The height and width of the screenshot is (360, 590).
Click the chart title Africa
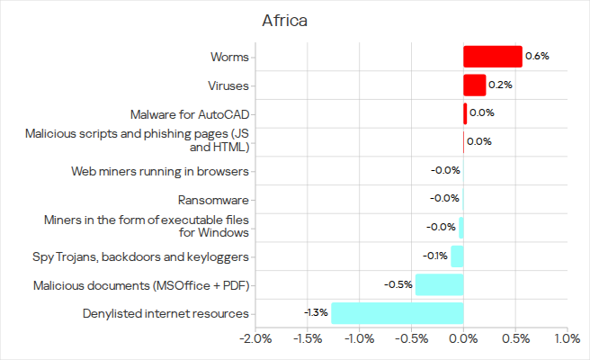(x=285, y=21)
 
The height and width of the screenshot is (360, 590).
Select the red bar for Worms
(x=492, y=57)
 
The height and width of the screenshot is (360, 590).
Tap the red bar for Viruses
(x=474, y=85)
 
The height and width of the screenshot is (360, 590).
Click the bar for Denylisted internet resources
(x=397, y=313)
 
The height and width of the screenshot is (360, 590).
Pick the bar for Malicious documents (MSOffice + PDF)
(x=439, y=285)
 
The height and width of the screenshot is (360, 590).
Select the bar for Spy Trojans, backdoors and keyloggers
(x=457, y=256)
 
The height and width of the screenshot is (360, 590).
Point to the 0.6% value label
(x=537, y=57)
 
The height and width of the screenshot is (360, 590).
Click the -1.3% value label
(x=317, y=313)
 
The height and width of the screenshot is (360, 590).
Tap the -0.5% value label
(x=398, y=285)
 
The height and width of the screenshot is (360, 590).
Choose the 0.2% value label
(x=501, y=85)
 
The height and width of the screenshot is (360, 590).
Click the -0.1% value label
(x=436, y=256)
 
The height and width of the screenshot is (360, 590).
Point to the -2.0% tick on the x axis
(x=256, y=339)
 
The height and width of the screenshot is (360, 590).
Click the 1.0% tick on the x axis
(x=567, y=339)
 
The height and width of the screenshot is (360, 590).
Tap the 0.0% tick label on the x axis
(x=463, y=339)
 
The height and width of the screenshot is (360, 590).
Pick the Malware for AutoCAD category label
(x=189, y=114)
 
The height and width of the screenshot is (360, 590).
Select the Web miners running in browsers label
(x=159, y=171)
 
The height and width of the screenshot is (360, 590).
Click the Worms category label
(x=228, y=57)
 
